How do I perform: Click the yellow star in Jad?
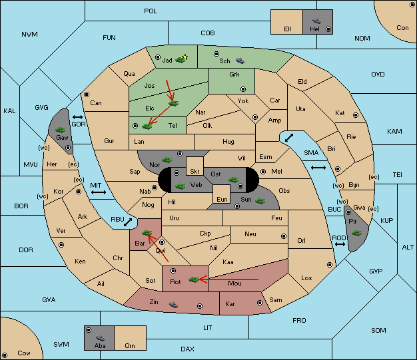185,57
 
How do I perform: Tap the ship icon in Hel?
316,21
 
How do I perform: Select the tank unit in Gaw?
61,130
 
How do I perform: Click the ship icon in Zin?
173,305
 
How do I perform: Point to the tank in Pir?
356,233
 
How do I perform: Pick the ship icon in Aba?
101,338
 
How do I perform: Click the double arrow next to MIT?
99,192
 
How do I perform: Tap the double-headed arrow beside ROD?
340,244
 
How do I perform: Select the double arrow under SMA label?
318,168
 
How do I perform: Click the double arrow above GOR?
78,117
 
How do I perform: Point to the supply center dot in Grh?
243,89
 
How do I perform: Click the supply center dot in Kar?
260,303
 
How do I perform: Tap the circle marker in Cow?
5,355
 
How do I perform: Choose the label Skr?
195,172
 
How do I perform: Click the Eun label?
222,199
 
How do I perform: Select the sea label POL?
151,11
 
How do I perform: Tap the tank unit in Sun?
260,201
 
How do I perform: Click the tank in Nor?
167,160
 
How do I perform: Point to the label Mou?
235,283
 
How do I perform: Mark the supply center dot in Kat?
356,115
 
